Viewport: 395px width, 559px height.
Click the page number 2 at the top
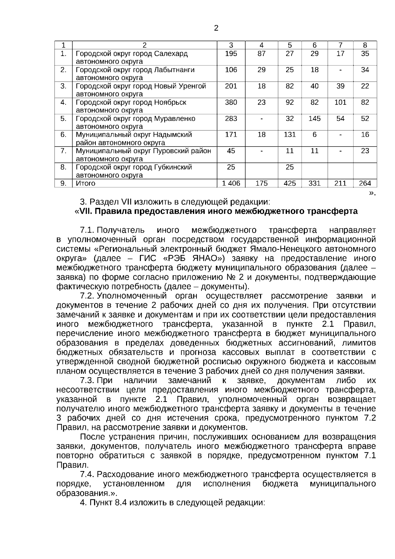(x=216, y=28)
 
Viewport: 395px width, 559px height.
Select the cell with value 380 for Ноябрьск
(x=231, y=102)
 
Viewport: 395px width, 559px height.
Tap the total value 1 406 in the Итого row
(x=231, y=183)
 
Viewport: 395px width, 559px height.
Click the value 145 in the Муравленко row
(x=314, y=119)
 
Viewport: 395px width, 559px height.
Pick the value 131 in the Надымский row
(x=289, y=135)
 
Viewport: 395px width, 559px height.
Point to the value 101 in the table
(x=340, y=102)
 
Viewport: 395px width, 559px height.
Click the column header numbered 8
(x=365, y=45)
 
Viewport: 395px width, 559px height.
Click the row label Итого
(x=85, y=183)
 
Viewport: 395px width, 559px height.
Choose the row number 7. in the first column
(x=64, y=151)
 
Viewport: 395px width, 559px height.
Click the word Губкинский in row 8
(x=173, y=167)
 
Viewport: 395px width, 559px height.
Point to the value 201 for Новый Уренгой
(x=231, y=86)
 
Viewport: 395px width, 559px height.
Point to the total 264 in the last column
(x=365, y=183)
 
